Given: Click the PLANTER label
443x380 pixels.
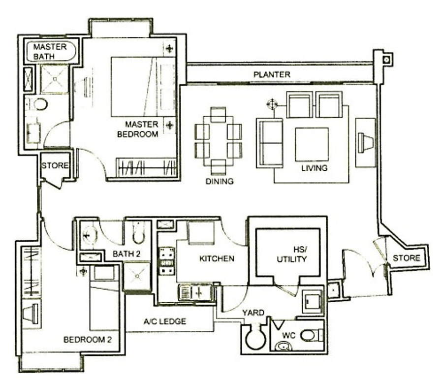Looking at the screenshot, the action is (x=272, y=75).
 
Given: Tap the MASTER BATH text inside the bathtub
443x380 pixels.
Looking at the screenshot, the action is (x=50, y=51).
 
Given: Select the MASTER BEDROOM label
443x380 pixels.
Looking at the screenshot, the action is (x=138, y=129).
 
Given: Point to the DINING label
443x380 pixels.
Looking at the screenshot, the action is (x=220, y=181).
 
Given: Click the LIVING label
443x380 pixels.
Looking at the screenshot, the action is (x=315, y=168).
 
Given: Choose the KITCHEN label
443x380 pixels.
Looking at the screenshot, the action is (x=217, y=258).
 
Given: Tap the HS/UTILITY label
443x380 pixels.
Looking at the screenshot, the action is (x=292, y=254).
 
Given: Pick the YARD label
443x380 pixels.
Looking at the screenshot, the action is (x=253, y=313).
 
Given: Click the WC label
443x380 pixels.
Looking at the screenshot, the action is (x=288, y=335).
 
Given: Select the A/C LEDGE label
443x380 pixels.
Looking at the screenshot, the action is (x=165, y=321).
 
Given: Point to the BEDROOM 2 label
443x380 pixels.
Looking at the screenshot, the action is (x=88, y=339).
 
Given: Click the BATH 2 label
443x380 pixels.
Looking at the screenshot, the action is (x=127, y=253).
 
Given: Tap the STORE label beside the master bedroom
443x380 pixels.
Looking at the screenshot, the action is (x=55, y=165).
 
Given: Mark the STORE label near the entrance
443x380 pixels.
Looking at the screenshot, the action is (x=407, y=257).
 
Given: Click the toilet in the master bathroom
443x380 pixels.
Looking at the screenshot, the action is (x=39, y=104).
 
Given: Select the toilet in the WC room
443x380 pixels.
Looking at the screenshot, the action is (x=312, y=335).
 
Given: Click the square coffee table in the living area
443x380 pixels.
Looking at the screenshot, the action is (x=312, y=144).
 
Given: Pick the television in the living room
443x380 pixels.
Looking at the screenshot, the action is (x=366, y=143).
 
